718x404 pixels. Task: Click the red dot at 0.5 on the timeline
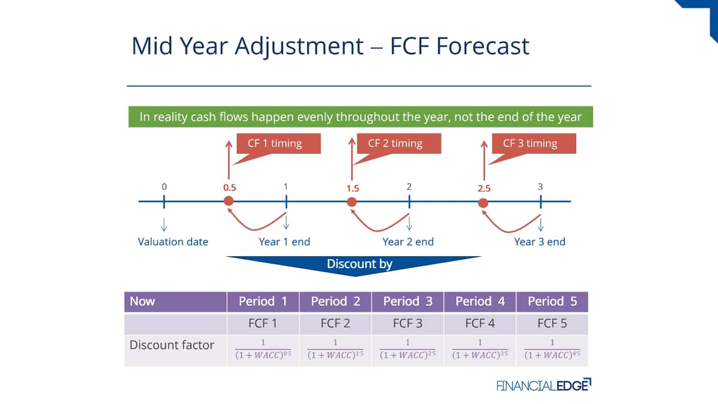229,201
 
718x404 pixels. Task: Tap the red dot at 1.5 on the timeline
352,202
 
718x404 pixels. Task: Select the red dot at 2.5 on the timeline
483,203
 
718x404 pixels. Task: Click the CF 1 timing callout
278,144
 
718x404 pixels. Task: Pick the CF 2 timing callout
398,144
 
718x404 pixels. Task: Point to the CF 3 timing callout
534,144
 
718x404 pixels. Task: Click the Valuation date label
173,242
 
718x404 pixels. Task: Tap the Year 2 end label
408,242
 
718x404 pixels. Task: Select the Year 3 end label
540,242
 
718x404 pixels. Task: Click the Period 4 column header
480,302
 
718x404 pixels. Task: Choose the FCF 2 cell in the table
335,324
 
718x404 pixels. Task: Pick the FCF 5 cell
552,324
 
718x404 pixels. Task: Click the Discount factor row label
172,345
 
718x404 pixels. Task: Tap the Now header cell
175,302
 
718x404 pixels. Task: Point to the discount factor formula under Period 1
263,349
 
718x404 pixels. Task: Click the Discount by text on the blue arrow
360,264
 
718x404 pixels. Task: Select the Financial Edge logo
544,385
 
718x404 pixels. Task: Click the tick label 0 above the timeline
164,187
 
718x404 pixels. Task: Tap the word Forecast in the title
483,46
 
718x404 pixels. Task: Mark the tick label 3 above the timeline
540,187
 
